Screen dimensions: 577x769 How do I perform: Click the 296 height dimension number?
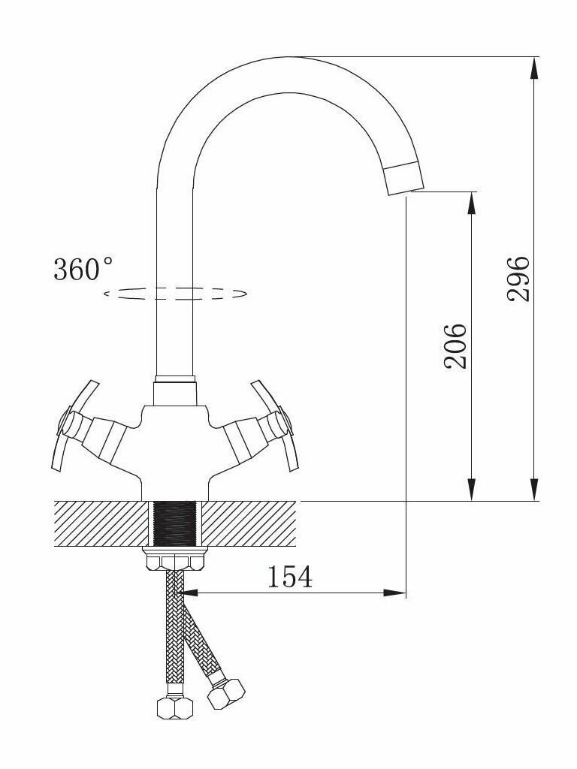(x=518, y=279)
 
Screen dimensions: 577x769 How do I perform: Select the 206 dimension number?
(x=455, y=345)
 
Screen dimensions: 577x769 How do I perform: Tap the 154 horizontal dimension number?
(x=289, y=577)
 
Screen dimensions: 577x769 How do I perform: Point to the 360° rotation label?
(x=83, y=269)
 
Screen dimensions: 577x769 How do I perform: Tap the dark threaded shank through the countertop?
(x=174, y=523)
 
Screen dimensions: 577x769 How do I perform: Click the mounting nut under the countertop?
(x=174, y=559)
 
